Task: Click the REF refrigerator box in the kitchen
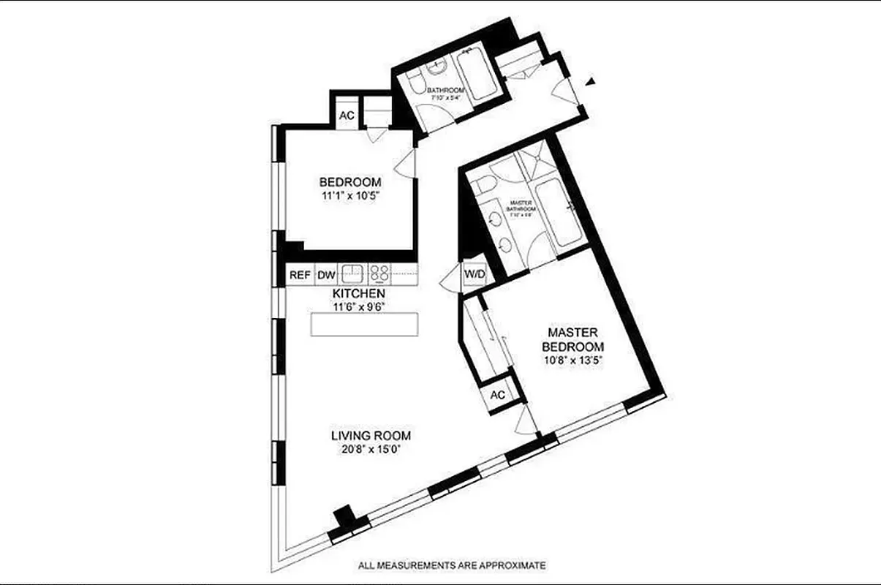point(298,276)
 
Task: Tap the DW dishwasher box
point(325,276)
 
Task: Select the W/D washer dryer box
point(474,274)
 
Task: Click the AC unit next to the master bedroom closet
point(498,395)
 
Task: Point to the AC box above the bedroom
point(347,116)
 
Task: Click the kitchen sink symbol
point(354,274)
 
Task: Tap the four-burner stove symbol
point(379,274)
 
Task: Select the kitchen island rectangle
point(365,324)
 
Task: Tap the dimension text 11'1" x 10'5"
point(350,196)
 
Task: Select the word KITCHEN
point(358,293)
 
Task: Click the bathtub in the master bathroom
point(557,214)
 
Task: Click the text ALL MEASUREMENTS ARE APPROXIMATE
point(452,565)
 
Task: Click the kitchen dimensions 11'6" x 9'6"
point(358,306)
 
